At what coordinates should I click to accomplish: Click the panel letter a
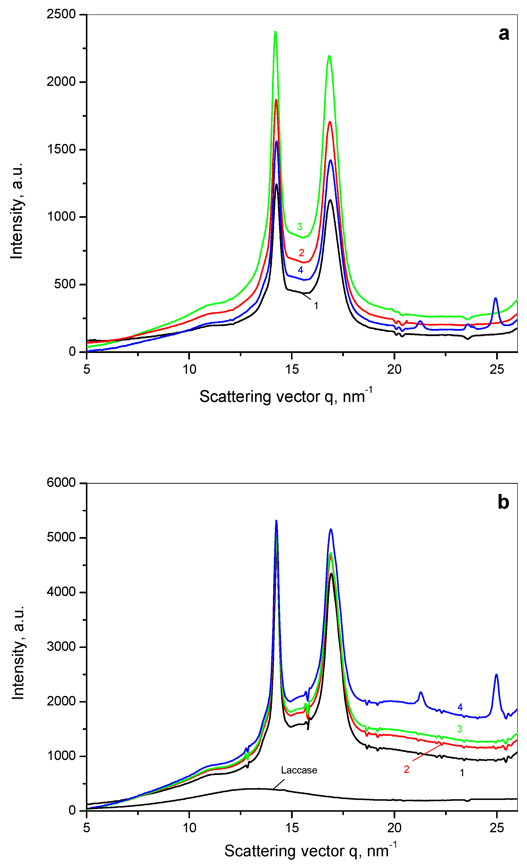point(504,34)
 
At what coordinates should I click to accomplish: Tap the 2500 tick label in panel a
point(61,14)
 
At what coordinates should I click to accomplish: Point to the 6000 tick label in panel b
point(61,483)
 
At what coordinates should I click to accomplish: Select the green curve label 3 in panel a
point(299,226)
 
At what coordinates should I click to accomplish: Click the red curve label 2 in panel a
point(302,253)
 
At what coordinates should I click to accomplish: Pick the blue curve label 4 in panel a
point(301,270)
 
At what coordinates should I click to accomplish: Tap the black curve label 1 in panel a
point(316,306)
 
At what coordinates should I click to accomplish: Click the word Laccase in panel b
point(299,770)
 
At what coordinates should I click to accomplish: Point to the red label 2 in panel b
point(407,769)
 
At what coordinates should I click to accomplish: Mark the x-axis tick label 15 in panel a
point(292,370)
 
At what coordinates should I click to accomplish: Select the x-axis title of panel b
point(310,851)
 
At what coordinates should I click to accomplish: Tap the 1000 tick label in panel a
point(61,217)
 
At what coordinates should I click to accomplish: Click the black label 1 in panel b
point(462,773)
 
